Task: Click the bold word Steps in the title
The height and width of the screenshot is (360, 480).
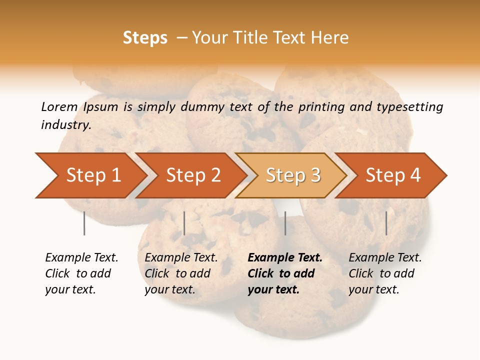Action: point(145,38)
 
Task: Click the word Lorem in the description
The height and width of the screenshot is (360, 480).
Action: point(59,106)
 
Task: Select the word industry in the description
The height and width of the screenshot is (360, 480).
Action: point(66,125)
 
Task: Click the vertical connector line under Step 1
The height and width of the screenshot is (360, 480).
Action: point(84,223)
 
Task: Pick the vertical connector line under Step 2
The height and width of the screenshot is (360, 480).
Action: point(184,223)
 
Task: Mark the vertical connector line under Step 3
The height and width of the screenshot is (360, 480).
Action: point(285,223)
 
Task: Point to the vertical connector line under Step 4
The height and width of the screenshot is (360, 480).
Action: point(386,223)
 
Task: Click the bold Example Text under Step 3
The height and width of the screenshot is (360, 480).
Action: point(285,257)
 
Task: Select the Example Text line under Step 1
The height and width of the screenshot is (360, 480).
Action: point(81,257)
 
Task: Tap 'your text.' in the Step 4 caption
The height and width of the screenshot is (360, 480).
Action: point(373,289)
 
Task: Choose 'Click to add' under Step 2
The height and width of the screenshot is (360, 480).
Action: point(177,273)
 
